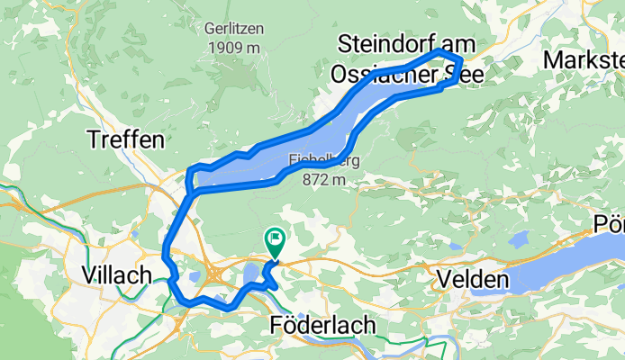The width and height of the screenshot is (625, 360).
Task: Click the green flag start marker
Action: (275, 239)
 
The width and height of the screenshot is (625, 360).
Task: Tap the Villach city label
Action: (115, 275)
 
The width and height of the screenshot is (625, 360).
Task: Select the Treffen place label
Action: (126, 139)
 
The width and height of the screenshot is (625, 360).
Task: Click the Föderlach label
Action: (315, 326)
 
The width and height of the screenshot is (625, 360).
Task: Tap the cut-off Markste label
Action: (584, 60)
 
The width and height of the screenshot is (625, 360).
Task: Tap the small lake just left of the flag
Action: (251, 273)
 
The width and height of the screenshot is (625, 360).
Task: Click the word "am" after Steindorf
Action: (459, 43)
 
